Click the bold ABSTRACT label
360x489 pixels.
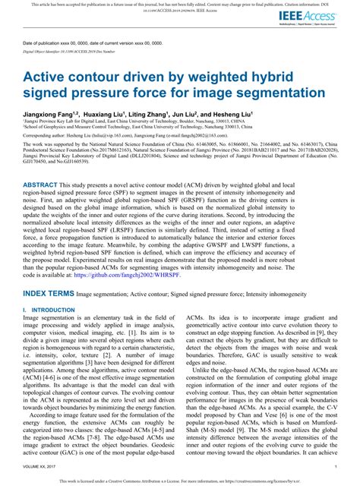(44, 206)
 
